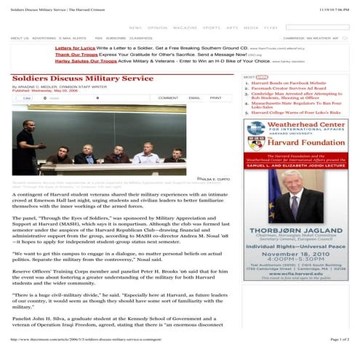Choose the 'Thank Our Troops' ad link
(75, 54)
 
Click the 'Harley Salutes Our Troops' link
(86, 61)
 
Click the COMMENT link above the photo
(168, 97)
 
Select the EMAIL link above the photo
(194, 97)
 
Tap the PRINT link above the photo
(216, 97)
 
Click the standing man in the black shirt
(25, 139)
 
